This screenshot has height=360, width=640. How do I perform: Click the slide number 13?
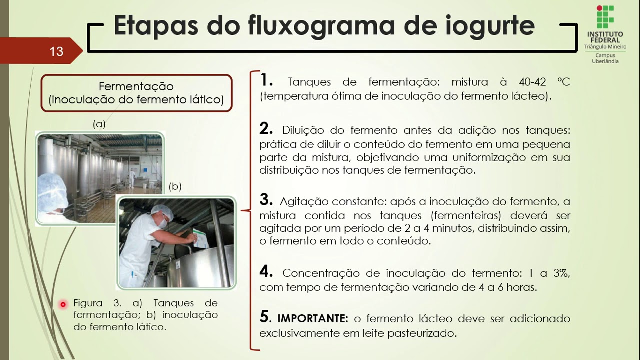click(x=56, y=51)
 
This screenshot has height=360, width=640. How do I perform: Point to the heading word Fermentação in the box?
click(x=136, y=86)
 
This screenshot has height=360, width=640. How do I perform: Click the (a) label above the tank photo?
click(x=99, y=124)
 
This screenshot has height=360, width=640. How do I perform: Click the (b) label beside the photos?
click(x=175, y=187)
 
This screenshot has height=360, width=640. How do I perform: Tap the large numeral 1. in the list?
click(x=266, y=80)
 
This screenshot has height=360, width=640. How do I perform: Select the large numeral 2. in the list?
click(x=266, y=129)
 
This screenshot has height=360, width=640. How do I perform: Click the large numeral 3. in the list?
click(x=266, y=200)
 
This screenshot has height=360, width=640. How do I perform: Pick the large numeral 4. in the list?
click(x=266, y=272)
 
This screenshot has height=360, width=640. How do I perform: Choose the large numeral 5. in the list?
click(x=265, y=317)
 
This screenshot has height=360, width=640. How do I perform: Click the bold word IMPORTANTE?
click(x=312, y=319)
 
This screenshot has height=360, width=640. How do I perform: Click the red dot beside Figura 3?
click(x=63, y=304)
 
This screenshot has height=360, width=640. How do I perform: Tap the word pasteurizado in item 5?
click(x=424, y=333)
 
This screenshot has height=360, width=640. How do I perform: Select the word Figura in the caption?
click(x=88, y=303)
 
